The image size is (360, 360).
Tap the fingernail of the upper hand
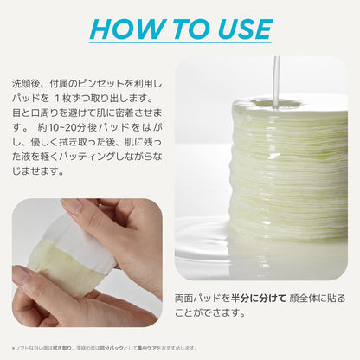coord(71,206)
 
